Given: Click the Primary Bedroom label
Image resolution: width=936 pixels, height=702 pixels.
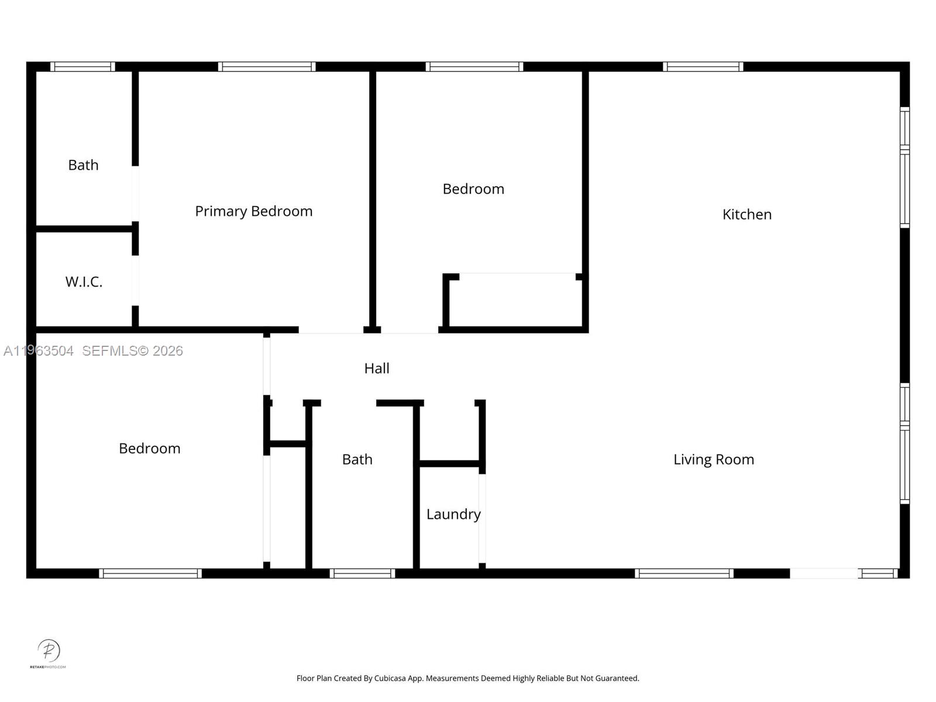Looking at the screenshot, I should coord(253,211).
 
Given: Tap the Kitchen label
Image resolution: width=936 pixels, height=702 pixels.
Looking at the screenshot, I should coord(746,215).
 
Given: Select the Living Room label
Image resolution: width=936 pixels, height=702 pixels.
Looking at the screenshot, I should coord(713,460).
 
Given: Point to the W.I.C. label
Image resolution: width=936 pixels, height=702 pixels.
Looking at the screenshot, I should coord(84,282).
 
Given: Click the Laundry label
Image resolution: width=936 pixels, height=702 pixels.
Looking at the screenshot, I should coord(453,514).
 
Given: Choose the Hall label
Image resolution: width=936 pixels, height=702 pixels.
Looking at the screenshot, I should coord(376,369).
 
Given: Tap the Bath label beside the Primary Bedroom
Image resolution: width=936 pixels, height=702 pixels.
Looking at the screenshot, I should coord(83,165).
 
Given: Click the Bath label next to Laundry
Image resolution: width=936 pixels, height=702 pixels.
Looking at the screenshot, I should coord(357,460).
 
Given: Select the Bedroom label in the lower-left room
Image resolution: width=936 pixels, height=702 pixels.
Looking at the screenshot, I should coord(149,449).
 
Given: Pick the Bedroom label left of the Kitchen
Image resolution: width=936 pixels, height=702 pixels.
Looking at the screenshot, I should coord(473,189).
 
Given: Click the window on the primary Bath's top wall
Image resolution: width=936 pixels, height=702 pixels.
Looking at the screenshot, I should coord(82,67).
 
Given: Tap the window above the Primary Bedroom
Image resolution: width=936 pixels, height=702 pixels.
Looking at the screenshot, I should coord(267,67).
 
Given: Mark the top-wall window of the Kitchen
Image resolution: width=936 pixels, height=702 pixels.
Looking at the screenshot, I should coord(703,67).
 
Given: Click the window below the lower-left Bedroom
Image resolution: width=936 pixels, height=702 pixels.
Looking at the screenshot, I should coord(150,573).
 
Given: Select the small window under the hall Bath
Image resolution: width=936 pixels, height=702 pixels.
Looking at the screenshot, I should coord(362,573).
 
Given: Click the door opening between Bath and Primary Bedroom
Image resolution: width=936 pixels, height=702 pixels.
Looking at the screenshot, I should coord(135,194).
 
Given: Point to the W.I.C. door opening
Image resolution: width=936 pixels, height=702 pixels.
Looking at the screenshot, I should coord(135,280).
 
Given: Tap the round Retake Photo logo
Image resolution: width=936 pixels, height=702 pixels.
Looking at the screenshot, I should coord(49,651).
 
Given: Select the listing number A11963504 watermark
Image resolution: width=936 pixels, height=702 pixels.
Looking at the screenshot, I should coord(39,351).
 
